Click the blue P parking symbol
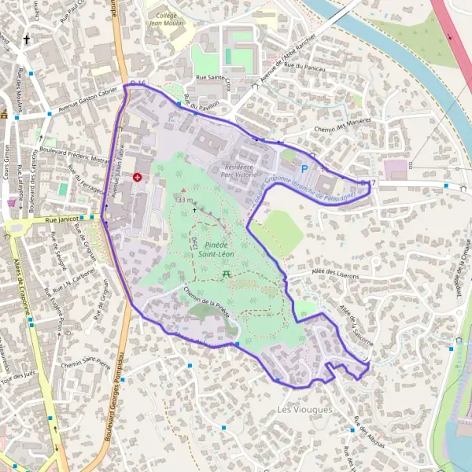(x=304, y=168)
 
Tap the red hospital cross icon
(x=138, y=179)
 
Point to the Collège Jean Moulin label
(x=167, y=19)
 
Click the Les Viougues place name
(x=305, y=410)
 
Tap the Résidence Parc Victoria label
(x=239, y=170)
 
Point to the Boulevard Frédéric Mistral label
(x=70, y=147)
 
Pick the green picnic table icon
(x=226, y=273)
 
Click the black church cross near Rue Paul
(x=26, y=38)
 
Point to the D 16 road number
(x=138, y=83)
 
